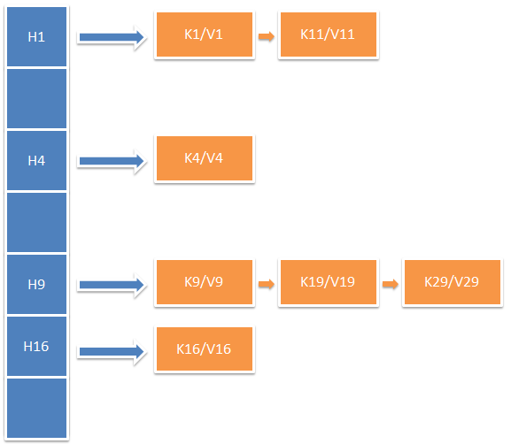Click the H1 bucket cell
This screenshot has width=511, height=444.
pos(36,36)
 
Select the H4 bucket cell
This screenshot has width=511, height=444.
pos(36,160)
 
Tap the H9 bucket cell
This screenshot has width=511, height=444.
pos(36,284)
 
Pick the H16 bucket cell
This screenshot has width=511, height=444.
pos(36,346)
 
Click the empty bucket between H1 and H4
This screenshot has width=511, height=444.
pos(36,98)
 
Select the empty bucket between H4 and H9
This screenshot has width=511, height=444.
pos(36,222)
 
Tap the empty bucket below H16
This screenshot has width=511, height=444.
pos(36,408)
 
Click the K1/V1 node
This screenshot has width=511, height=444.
pos(204,35)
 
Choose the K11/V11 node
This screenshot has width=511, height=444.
pos(328,35)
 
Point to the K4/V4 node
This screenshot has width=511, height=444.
pos(204,159)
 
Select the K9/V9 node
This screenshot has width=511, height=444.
pos(204,283)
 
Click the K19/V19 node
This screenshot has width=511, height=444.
pos(328,283)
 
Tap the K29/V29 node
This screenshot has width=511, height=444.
pos(452,283)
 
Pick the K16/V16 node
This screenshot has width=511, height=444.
pos(204,348)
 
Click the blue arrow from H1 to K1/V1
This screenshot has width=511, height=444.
pos(112,37)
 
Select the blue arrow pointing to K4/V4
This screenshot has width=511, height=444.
pos(112,161)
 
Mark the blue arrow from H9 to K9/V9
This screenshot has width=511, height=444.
pos(112,285)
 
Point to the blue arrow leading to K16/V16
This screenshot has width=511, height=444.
pos(112,352)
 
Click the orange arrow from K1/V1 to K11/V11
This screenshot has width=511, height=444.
pos(266,36)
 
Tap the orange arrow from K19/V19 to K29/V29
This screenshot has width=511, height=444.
pos(390,284)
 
